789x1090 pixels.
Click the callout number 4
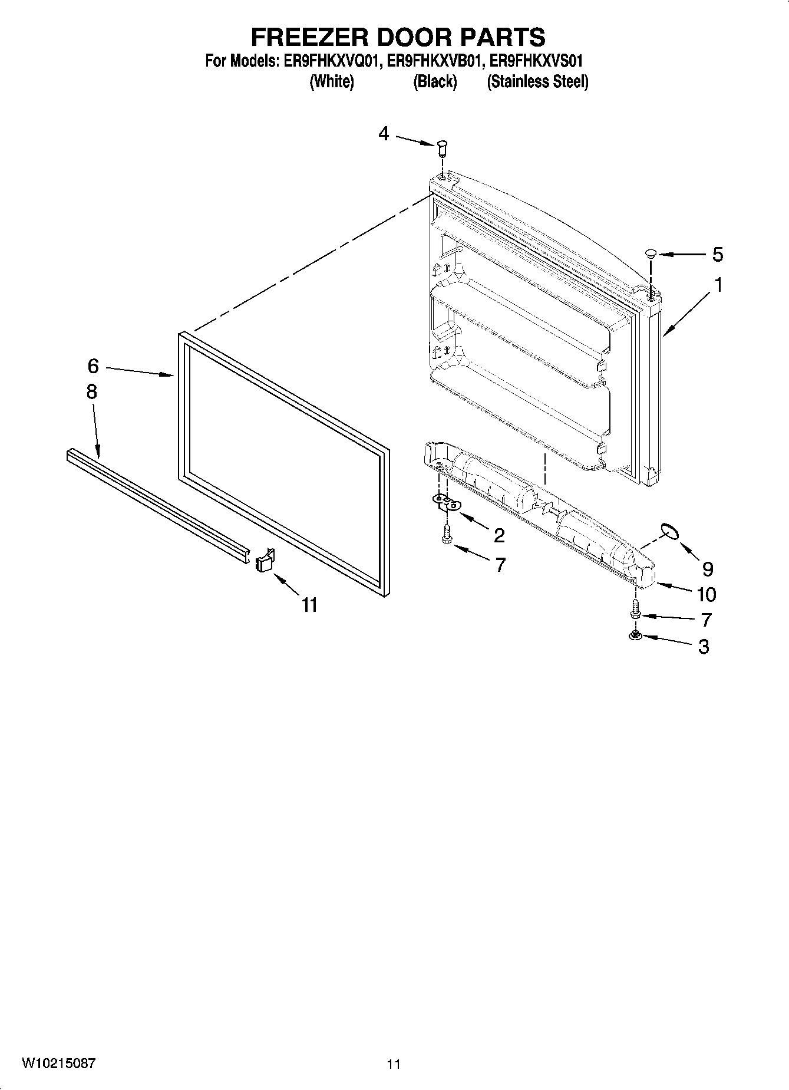384,134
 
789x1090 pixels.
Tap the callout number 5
717,255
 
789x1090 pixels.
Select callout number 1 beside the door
718,285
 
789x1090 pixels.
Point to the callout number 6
93,366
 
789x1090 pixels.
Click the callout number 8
92,391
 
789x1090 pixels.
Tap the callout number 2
499,535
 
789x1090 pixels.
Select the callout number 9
708,569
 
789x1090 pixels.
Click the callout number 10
707,594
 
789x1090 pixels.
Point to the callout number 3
704,647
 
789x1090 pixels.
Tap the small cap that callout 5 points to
651,254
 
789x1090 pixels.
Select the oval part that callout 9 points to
668,531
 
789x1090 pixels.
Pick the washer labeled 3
635,635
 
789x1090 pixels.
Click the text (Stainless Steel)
537,81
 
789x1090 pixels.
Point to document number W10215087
58,1063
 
